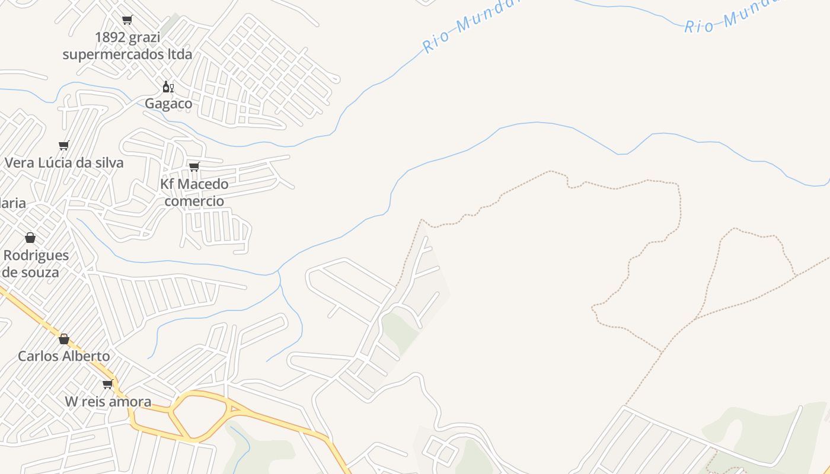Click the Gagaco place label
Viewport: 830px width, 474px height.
click(x=168, y=104)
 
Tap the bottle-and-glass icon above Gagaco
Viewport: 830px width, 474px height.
click(x=168, y=87)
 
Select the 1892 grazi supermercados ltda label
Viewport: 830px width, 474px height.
click(x=127, y=46)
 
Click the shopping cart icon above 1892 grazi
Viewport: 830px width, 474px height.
click(x=127, y=20)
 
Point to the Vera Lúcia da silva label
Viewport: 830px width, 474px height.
click(x=64, y=162)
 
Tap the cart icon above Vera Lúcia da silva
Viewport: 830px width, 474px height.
click(x=64, y=145)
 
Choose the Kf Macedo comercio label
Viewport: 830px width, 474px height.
click(x=194, y=192)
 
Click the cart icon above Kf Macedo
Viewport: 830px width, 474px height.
click(x=194, y=166)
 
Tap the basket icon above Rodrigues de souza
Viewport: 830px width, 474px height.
click(x=30, y=238)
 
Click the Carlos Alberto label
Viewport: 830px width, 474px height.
click(x=64, y=356)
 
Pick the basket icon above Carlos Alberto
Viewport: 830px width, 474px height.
click(x=64, y=339)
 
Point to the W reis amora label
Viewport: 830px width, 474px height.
click(x=108, y=402)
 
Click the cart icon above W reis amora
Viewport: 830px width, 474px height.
click(x=108, y=384)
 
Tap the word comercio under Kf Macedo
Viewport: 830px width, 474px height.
click(x=194, y=201)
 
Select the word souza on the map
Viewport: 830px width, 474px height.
click(x=39, y=273)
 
